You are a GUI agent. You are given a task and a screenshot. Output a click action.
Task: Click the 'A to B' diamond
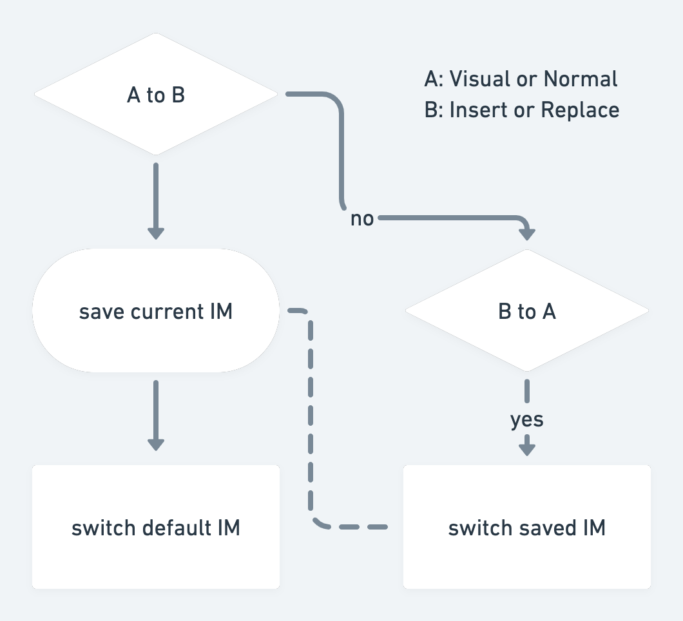coord(156,95)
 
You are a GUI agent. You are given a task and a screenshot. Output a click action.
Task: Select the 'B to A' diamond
coord(527,311)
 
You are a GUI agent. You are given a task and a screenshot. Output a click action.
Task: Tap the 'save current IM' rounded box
coord(156,311)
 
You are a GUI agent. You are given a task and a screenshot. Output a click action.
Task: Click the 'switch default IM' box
coord(156,527)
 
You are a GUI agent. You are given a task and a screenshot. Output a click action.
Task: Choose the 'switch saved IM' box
coord(527,527)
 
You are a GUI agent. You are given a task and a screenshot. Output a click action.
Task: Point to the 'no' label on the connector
coord(362,219)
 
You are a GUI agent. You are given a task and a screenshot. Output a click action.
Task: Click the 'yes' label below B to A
coord(527,420)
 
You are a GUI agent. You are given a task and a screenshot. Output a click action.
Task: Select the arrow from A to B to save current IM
coord(156,200)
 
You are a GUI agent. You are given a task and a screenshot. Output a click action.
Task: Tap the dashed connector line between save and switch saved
coord(311,419)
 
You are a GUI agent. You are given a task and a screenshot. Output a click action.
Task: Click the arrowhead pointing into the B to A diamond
coord(527,233)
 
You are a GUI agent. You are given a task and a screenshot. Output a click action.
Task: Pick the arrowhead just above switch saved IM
coord(527,448)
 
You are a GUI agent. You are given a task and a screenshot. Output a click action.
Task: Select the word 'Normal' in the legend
coord(581,79)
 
